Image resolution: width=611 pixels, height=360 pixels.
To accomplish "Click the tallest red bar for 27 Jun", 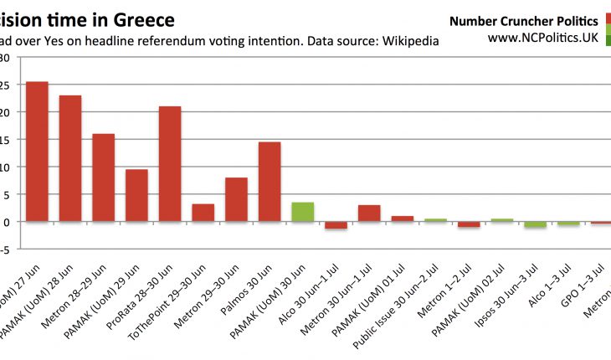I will point(37,152).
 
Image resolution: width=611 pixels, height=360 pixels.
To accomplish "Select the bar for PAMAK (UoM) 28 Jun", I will point(70,158).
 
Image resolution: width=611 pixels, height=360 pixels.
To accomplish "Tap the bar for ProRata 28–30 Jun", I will point(170,164).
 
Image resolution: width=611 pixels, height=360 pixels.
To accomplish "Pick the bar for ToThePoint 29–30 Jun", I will point(203,213).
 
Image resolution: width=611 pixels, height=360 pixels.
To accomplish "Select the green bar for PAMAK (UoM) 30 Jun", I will point(302,212).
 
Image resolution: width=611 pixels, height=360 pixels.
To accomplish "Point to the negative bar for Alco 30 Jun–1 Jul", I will point(336,225).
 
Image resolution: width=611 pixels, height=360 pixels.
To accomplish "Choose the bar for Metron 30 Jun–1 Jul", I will point(369,213).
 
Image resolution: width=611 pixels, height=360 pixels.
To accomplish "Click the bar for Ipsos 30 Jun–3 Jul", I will point(535,224).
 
